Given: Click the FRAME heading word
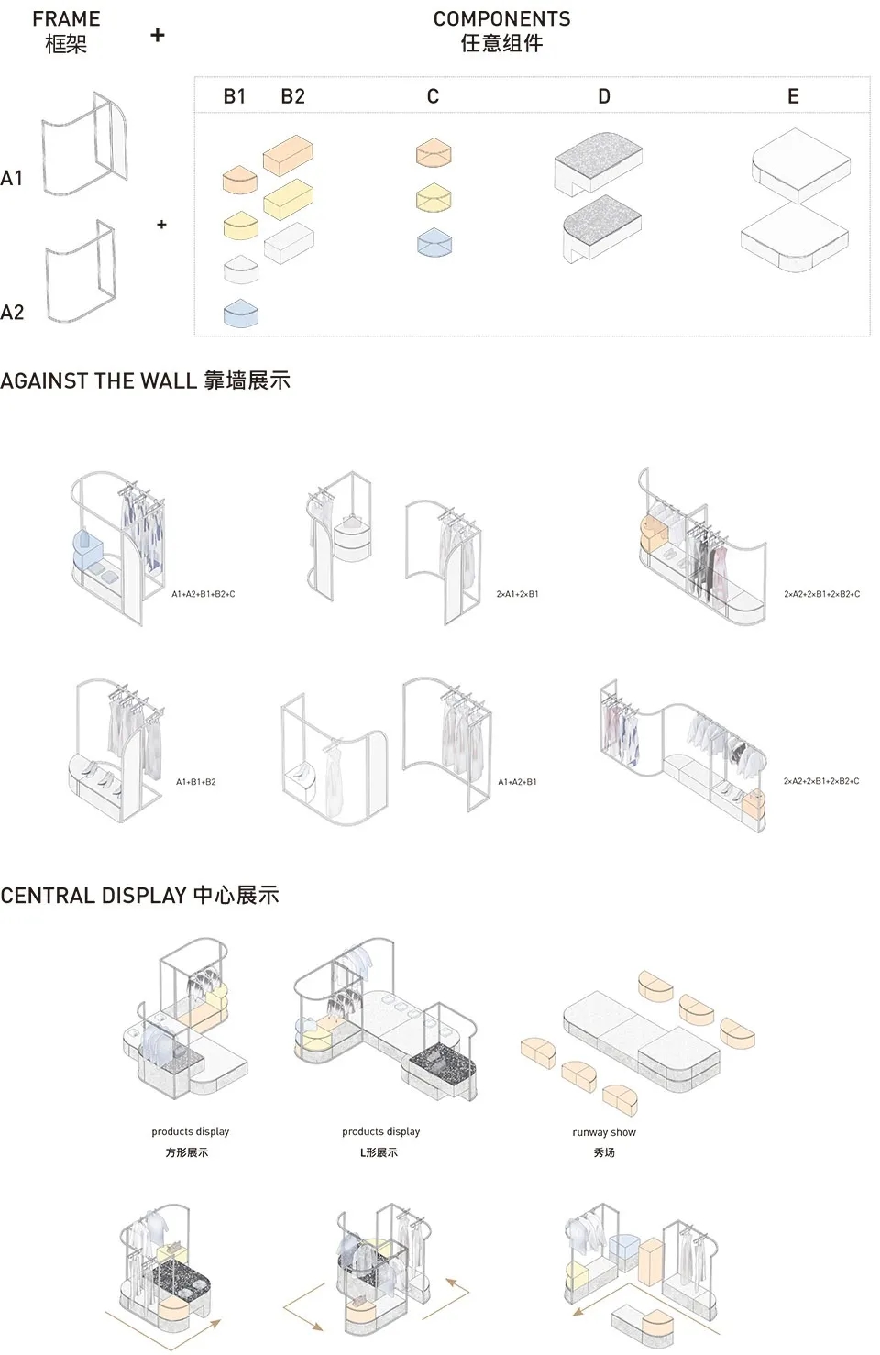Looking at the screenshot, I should point(66,19).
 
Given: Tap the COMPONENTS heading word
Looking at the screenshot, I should point(501,19).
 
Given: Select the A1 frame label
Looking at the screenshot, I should point(12,178).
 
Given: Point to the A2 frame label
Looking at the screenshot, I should point(12,313).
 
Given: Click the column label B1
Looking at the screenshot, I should point(235,96).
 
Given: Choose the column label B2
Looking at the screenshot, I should point(292,96).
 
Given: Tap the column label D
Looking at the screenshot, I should point(603,96).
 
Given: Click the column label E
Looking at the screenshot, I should point(793,96).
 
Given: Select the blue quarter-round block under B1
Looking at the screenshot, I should point(242,314).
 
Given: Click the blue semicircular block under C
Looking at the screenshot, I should point(434,241).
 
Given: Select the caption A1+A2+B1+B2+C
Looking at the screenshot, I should point(203,594).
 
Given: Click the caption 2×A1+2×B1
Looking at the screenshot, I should point(517,594).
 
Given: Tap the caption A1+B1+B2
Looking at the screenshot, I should point(196,782).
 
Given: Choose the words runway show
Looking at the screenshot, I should point(604,1132).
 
